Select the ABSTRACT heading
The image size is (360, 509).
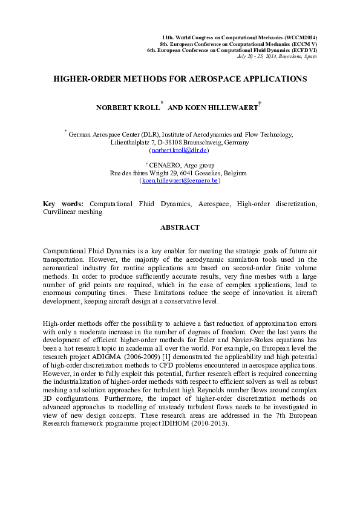(180, 227)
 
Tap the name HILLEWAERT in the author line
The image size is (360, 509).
(227, 108)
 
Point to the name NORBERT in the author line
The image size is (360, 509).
(114, 108)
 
